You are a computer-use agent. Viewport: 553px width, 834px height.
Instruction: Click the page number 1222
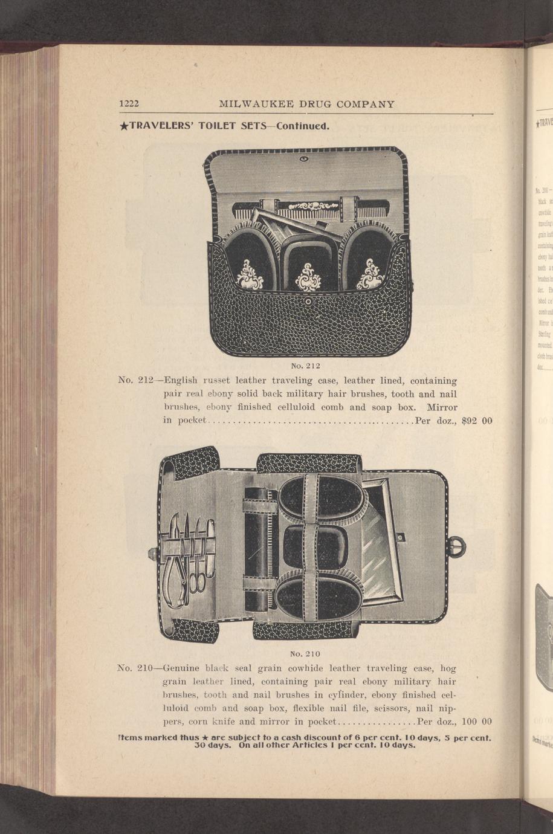point(129,104)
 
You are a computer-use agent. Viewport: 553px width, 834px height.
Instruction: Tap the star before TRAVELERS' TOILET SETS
point(123,127)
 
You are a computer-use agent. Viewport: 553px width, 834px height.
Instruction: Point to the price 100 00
point(479,721)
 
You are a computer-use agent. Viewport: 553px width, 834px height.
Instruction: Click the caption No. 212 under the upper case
point(305,366)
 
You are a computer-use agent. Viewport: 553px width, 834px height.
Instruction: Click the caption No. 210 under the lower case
point(305,653)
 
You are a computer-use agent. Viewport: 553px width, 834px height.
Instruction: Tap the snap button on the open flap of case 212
point(304,160)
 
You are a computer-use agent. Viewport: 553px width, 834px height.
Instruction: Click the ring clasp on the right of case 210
point(458,548)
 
